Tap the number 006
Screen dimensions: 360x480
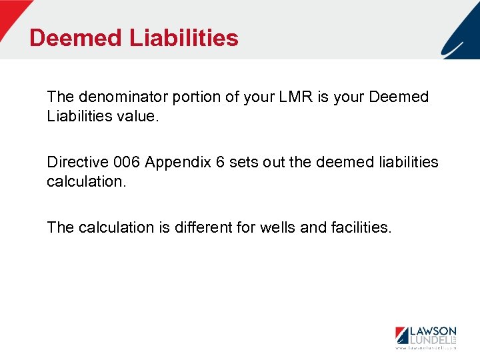(127, 162)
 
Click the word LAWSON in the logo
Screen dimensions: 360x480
(432, 331)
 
